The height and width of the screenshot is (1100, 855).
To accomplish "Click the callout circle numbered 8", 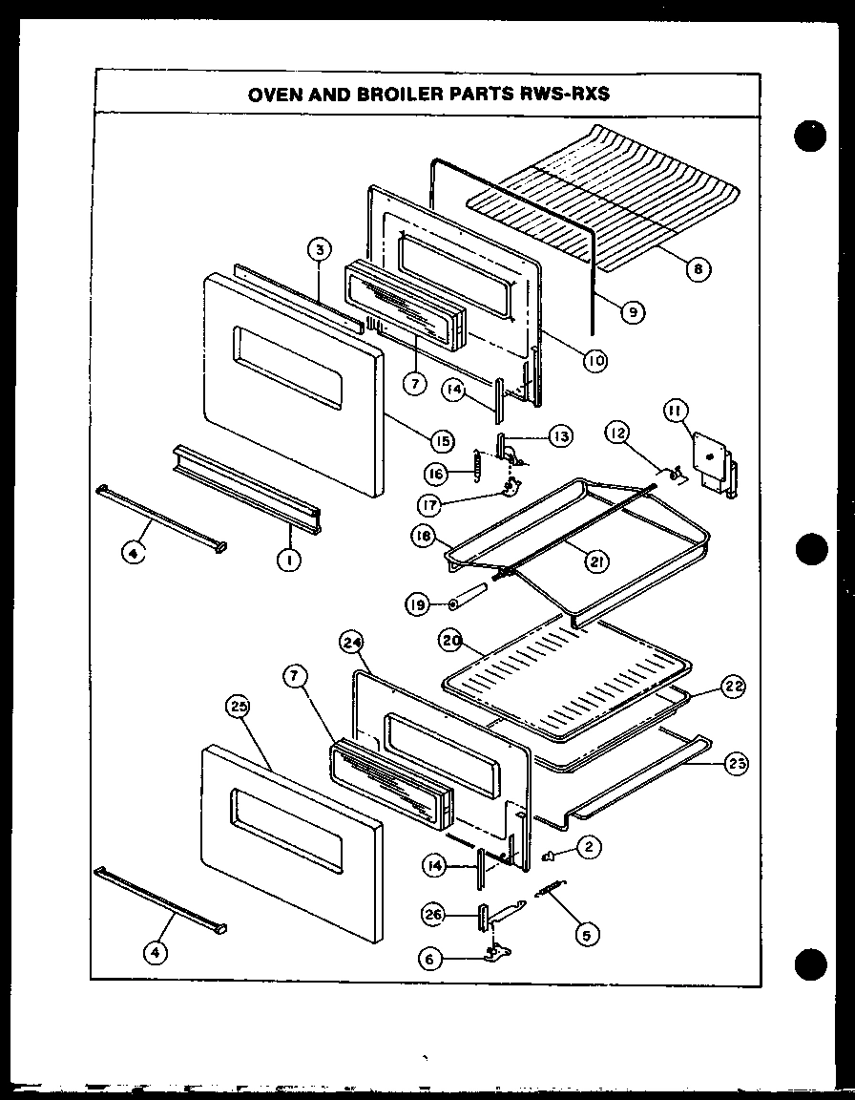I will [x=698, y=269].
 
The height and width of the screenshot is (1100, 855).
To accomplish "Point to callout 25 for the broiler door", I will [x=238, y=708].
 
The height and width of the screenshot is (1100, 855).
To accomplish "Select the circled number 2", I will [x=589, y=845].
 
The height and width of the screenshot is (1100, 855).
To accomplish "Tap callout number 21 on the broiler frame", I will [x=595, y=562].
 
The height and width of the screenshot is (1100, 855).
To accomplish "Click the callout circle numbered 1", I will [x=283, y=561].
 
